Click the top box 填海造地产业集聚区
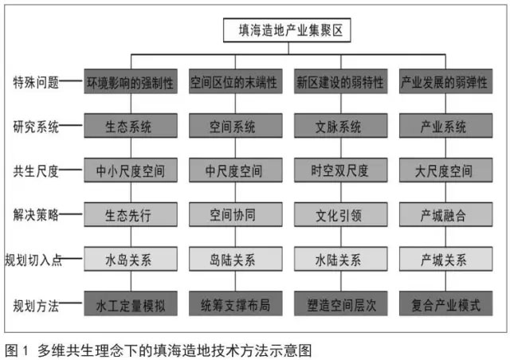coord(287,30)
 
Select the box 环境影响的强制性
coord(131,81)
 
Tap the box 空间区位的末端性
coord(236,81)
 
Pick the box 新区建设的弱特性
coord(341,81)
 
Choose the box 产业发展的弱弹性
coord(446,81)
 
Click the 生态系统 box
coord(131,126)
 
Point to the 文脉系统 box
coord(341,126)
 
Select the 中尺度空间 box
coord(236,170)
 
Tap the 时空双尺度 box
coord(341,170)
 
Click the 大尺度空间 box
coord(446,170)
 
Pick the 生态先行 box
coord(131,214)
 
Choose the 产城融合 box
coord(446,214)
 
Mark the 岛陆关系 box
coord(236,259)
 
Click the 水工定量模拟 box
coord(131,303)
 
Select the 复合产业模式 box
coord(446,303)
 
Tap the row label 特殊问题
coord(36,82)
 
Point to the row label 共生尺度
coord(36,171)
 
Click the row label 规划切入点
coord(33,260)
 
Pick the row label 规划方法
coord(36,306)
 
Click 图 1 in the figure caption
coord(17,350)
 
